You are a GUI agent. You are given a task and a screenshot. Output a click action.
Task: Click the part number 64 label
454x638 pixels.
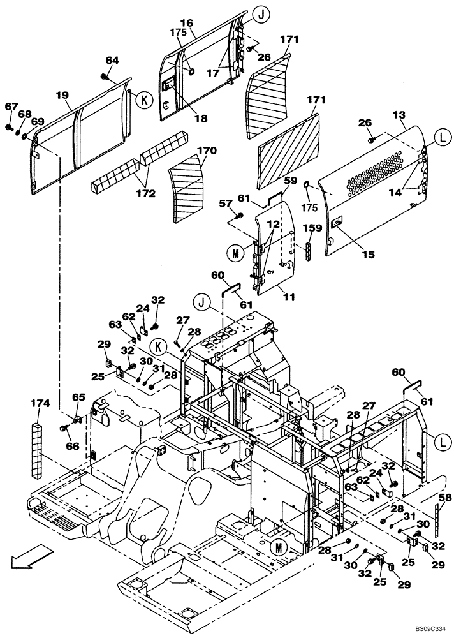(x=112, y=60)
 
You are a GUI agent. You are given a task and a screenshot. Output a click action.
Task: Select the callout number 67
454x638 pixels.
(x=11, y=107)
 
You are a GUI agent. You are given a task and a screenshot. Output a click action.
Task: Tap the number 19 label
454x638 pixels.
(x=62, y=95)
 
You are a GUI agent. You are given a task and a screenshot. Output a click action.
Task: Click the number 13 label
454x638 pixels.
(x=398, y=115)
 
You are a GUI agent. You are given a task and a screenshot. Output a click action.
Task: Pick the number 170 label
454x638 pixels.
(x=207, y=151)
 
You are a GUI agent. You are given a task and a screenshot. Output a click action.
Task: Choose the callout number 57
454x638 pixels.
(x=226, y=203)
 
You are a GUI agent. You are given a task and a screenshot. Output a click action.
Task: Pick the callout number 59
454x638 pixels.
(x=290, y=181)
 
